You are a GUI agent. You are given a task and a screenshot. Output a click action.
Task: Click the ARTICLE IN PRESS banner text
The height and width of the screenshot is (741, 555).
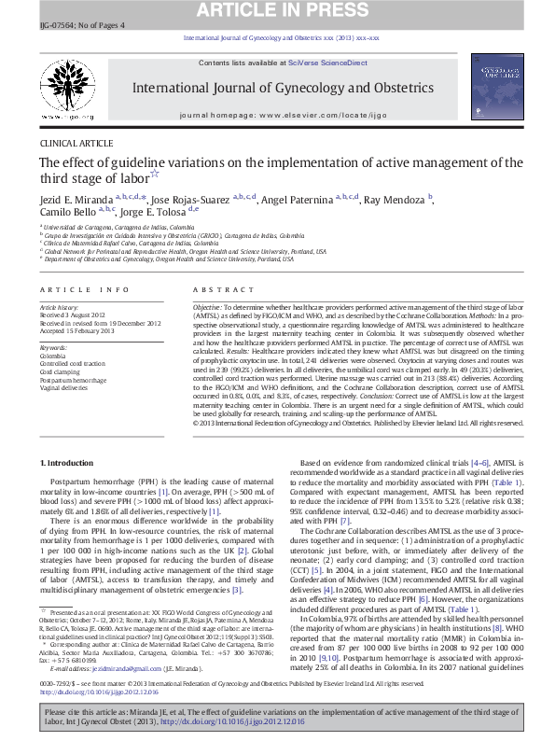[x=277, y=12]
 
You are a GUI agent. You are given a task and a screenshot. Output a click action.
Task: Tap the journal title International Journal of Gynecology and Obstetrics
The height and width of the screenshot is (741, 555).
[x=271, y=89]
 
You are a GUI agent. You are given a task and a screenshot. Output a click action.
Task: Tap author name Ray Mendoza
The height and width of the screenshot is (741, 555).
[x=395, y=200]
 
